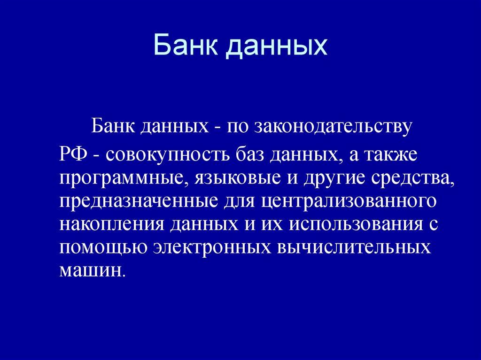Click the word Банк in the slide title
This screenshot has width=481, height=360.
pyautogui.click(x=186, y=46)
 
